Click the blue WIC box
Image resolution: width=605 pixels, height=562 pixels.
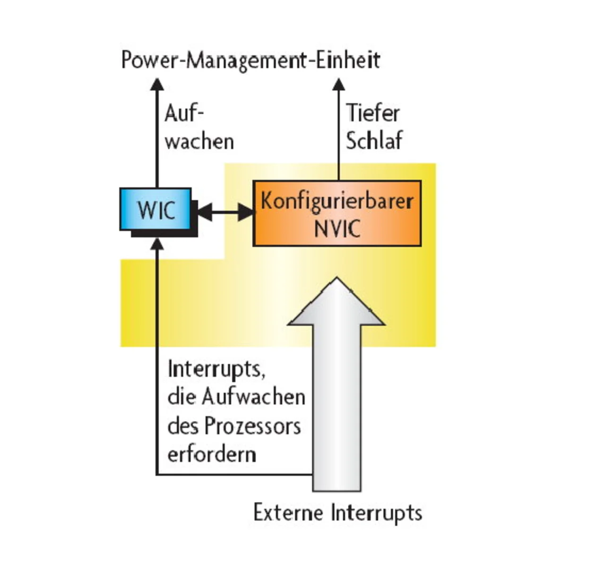tap(156, 209)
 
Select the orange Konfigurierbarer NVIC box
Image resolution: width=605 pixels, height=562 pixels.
tap(337, 213)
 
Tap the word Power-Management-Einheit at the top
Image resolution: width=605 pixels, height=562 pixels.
tap(251, 60)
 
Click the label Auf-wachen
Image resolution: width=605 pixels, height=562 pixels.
tap(199, 128)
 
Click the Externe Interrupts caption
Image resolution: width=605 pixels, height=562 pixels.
tap(337, 513)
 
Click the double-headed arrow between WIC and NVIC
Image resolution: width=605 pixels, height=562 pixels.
tap(225, 212)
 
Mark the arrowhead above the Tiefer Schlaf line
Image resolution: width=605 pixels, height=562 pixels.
tap(338, 85)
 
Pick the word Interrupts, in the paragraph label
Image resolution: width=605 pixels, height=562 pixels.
tap(216, 369)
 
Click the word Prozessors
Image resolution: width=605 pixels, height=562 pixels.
tap(252, 426)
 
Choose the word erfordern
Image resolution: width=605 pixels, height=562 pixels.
tap(212, 454)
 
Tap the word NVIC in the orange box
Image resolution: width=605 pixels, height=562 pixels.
tap(337, 229)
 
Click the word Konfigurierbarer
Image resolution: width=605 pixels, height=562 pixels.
tap(337, 201)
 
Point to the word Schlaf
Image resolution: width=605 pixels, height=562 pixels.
tap(374, 141)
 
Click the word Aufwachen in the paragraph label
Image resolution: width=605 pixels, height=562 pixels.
tap(253, 397)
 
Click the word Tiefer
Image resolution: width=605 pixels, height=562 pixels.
tap(373, 113)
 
